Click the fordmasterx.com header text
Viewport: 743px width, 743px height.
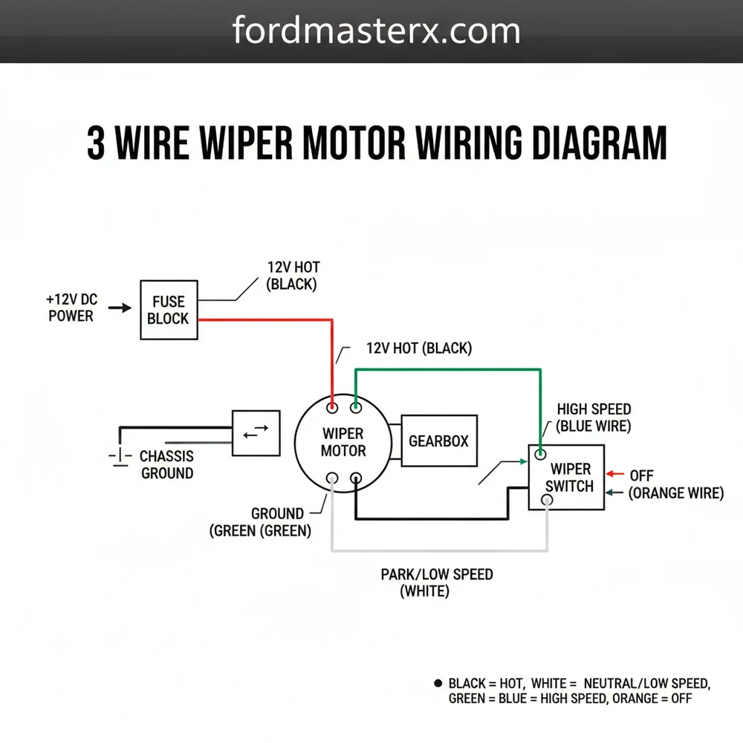pyautogui.click(x=376, y=31)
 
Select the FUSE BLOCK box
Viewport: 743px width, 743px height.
pyautogui.click(x=169, y=310)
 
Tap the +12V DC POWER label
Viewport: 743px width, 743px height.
pyautogui.click(x=71, y=308)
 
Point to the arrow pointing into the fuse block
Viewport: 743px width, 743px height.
pyautogui.click(x=120, y=306)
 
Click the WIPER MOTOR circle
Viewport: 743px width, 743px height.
pyautogui.click(x=343, y=442)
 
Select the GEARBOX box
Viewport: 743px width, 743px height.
pyautogui.click(x=438, y=441)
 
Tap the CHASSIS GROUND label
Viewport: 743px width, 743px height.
pyautogui.click(x=166, y=464)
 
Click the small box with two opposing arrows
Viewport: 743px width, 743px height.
pyautogui.click(x=256, y=433)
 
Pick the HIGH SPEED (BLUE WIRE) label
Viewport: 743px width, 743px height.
pyautogui.click(x=594, y=418)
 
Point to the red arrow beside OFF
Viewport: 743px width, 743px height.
pyautogui.click(x=616, y=474)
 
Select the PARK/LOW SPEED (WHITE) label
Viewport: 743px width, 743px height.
pyautogui.click(x=436, y=583)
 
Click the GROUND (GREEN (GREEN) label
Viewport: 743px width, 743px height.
pyautogui.click(x=261, y=522)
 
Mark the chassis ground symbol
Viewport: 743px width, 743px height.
pyautogui.click(x=116, y=455)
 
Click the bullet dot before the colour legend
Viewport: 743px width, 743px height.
pyautogui.click(x=436, y=682)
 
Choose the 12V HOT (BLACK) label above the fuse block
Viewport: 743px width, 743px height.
pyautogui.click(x=293, y=276)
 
